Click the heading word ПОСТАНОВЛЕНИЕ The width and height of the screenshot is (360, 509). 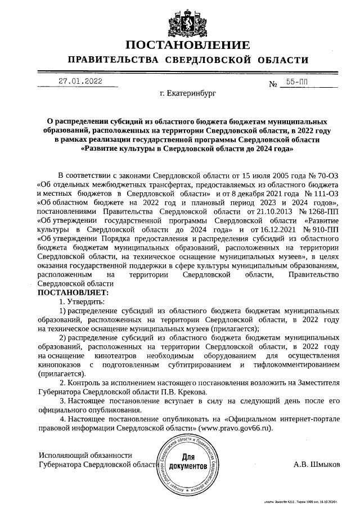click(188, 45)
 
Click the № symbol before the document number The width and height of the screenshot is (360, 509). click(274, 84)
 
